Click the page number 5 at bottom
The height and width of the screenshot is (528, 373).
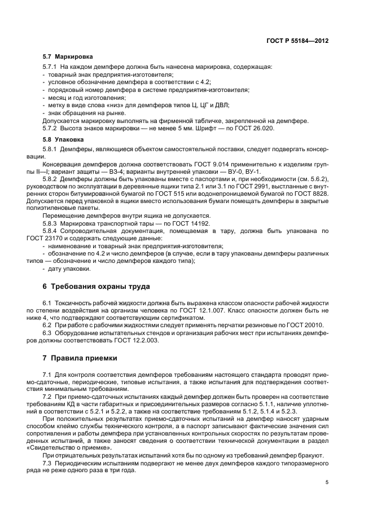click(x=327, y=482)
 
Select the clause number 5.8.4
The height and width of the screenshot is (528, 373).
click(x=52, y=231)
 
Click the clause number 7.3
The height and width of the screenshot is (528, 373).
click(x=47, y=463)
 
